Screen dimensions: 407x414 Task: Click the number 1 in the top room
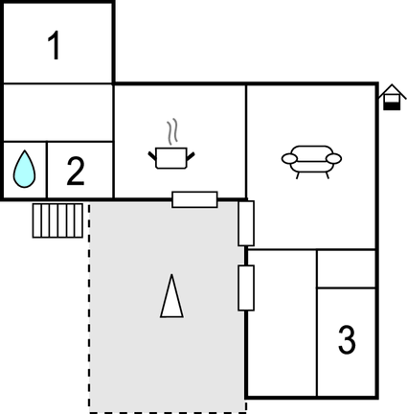coord(55,45)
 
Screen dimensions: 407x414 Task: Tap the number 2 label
coord(76,171)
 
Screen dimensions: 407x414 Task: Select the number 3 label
coord(347,339)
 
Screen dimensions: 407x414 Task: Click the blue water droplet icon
coord(24,169)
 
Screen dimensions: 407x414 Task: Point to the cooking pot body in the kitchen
coord(171,158)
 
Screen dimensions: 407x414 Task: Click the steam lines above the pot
coord(172,132)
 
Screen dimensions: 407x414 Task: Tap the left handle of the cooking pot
coord(152,156)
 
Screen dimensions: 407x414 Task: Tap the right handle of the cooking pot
coord(191,156)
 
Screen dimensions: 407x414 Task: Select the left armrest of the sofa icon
coord(289,158)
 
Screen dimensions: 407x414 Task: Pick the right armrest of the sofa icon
coord(333,158)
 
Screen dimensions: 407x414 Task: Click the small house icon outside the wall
coord(392,97)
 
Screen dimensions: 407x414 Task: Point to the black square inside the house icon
coord(392,106)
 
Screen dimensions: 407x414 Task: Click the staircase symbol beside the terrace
coord(57,220)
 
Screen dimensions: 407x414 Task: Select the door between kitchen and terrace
coord(194,199)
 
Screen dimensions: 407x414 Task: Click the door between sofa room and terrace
coord(246,223)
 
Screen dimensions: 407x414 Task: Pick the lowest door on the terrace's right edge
coord(246,287)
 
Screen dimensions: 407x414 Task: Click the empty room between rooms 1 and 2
coord(57,112)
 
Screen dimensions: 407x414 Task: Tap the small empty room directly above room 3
coord(346,269)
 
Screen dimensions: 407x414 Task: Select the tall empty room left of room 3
coord(283,323)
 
